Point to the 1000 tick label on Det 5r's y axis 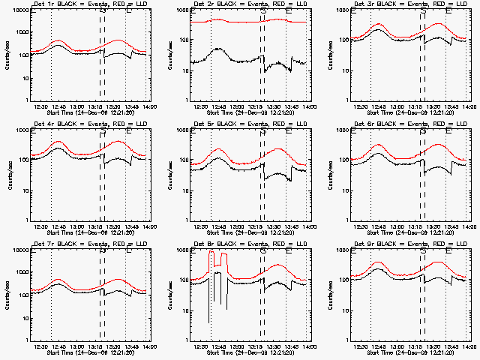coord(181,130)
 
